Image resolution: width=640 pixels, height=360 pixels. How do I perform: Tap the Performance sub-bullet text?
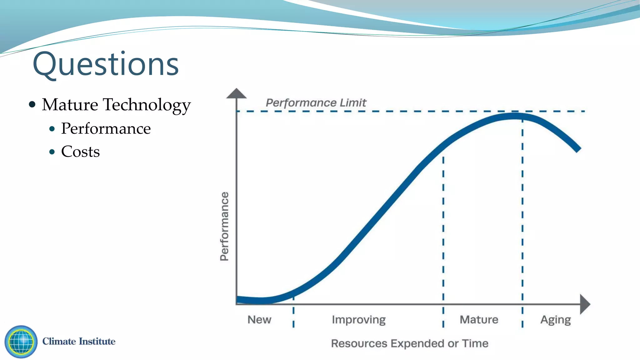click(106, 128)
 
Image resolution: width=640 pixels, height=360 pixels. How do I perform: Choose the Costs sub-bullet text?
click(80, 152)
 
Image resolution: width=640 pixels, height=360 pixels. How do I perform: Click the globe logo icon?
click(21, 342)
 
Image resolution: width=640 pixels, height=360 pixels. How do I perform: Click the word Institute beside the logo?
click(97, 341)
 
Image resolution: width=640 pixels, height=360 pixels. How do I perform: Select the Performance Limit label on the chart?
click(316, 103)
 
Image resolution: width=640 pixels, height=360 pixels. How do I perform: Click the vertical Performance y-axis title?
click(224, 226)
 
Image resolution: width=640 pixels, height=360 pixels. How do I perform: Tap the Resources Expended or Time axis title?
click(409, 343)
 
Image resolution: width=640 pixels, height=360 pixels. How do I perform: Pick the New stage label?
click(259, 320)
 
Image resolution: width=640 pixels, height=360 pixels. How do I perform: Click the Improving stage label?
click(358, 320)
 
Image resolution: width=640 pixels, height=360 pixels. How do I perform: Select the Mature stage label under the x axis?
click(479, 320)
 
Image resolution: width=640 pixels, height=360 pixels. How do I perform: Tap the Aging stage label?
click(555, 320)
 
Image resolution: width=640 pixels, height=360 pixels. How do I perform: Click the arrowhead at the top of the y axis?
click(236, 93)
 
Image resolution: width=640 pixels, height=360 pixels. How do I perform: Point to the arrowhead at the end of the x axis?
click(584, 304)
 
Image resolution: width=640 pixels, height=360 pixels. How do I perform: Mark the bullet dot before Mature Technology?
click(32, 104)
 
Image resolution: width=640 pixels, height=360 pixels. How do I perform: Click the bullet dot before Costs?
click(52, 152)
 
